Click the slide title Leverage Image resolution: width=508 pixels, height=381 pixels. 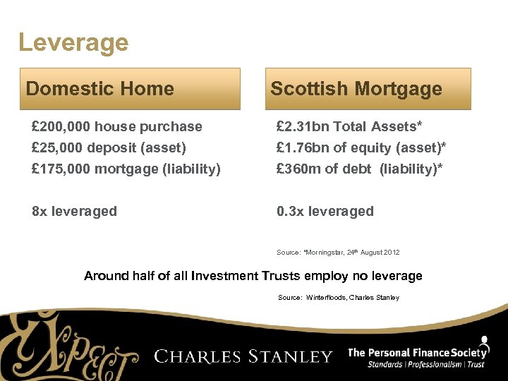coord(73,42)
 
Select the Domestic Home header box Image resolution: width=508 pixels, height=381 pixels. coord(133,89)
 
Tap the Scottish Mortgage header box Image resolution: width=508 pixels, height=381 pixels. coord(368,89)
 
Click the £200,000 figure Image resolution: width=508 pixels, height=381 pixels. coord(61,127)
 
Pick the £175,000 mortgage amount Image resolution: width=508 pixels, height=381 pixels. coord(61,169)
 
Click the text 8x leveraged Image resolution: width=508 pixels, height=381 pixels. coord(75,211)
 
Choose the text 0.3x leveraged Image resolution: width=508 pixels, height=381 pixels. coord(325,211)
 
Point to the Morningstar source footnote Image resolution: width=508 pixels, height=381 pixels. coord(338,252)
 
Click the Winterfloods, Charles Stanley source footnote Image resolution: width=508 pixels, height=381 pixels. coord(339,298)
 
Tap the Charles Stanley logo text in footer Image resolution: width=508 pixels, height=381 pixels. coord(243,356)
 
